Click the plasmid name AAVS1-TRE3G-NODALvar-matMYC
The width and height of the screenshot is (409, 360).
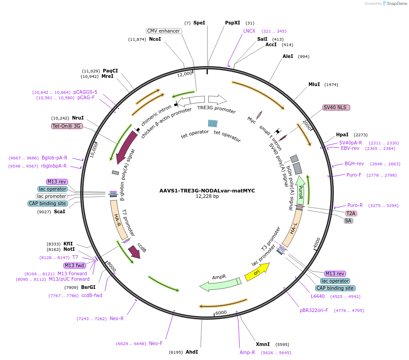pos(207,191)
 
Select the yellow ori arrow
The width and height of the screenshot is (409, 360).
pos(257,272)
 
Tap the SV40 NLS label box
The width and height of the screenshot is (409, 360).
pos(336,107)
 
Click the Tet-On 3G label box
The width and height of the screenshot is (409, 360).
pos(67,126)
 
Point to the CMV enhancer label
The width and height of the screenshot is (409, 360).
pos(164,31)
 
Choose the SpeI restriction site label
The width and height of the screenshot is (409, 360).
pos(199,23)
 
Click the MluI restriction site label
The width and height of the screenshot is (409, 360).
pos(314,84)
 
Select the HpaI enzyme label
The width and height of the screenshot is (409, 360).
pos(342,134)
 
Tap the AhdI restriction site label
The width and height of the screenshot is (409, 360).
pos(192,352)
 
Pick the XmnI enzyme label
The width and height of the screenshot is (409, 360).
pos(263,344)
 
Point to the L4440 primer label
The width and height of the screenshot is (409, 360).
pos(318,297)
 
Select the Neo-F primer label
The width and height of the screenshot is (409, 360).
pos(155,343)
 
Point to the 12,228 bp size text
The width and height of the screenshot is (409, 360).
pos(207,197)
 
